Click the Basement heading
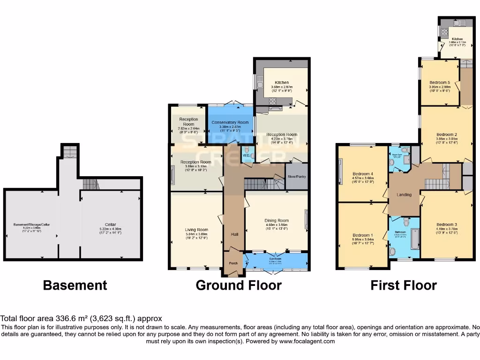75,285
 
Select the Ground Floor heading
239,285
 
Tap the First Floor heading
404,285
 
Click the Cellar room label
110,225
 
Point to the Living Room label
196,230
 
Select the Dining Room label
277,220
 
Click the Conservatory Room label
230,122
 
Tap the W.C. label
246,155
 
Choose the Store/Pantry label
296,177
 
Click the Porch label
233,263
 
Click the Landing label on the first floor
404,195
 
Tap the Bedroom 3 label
446,225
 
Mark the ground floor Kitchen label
282,82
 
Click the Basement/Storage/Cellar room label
31,225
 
